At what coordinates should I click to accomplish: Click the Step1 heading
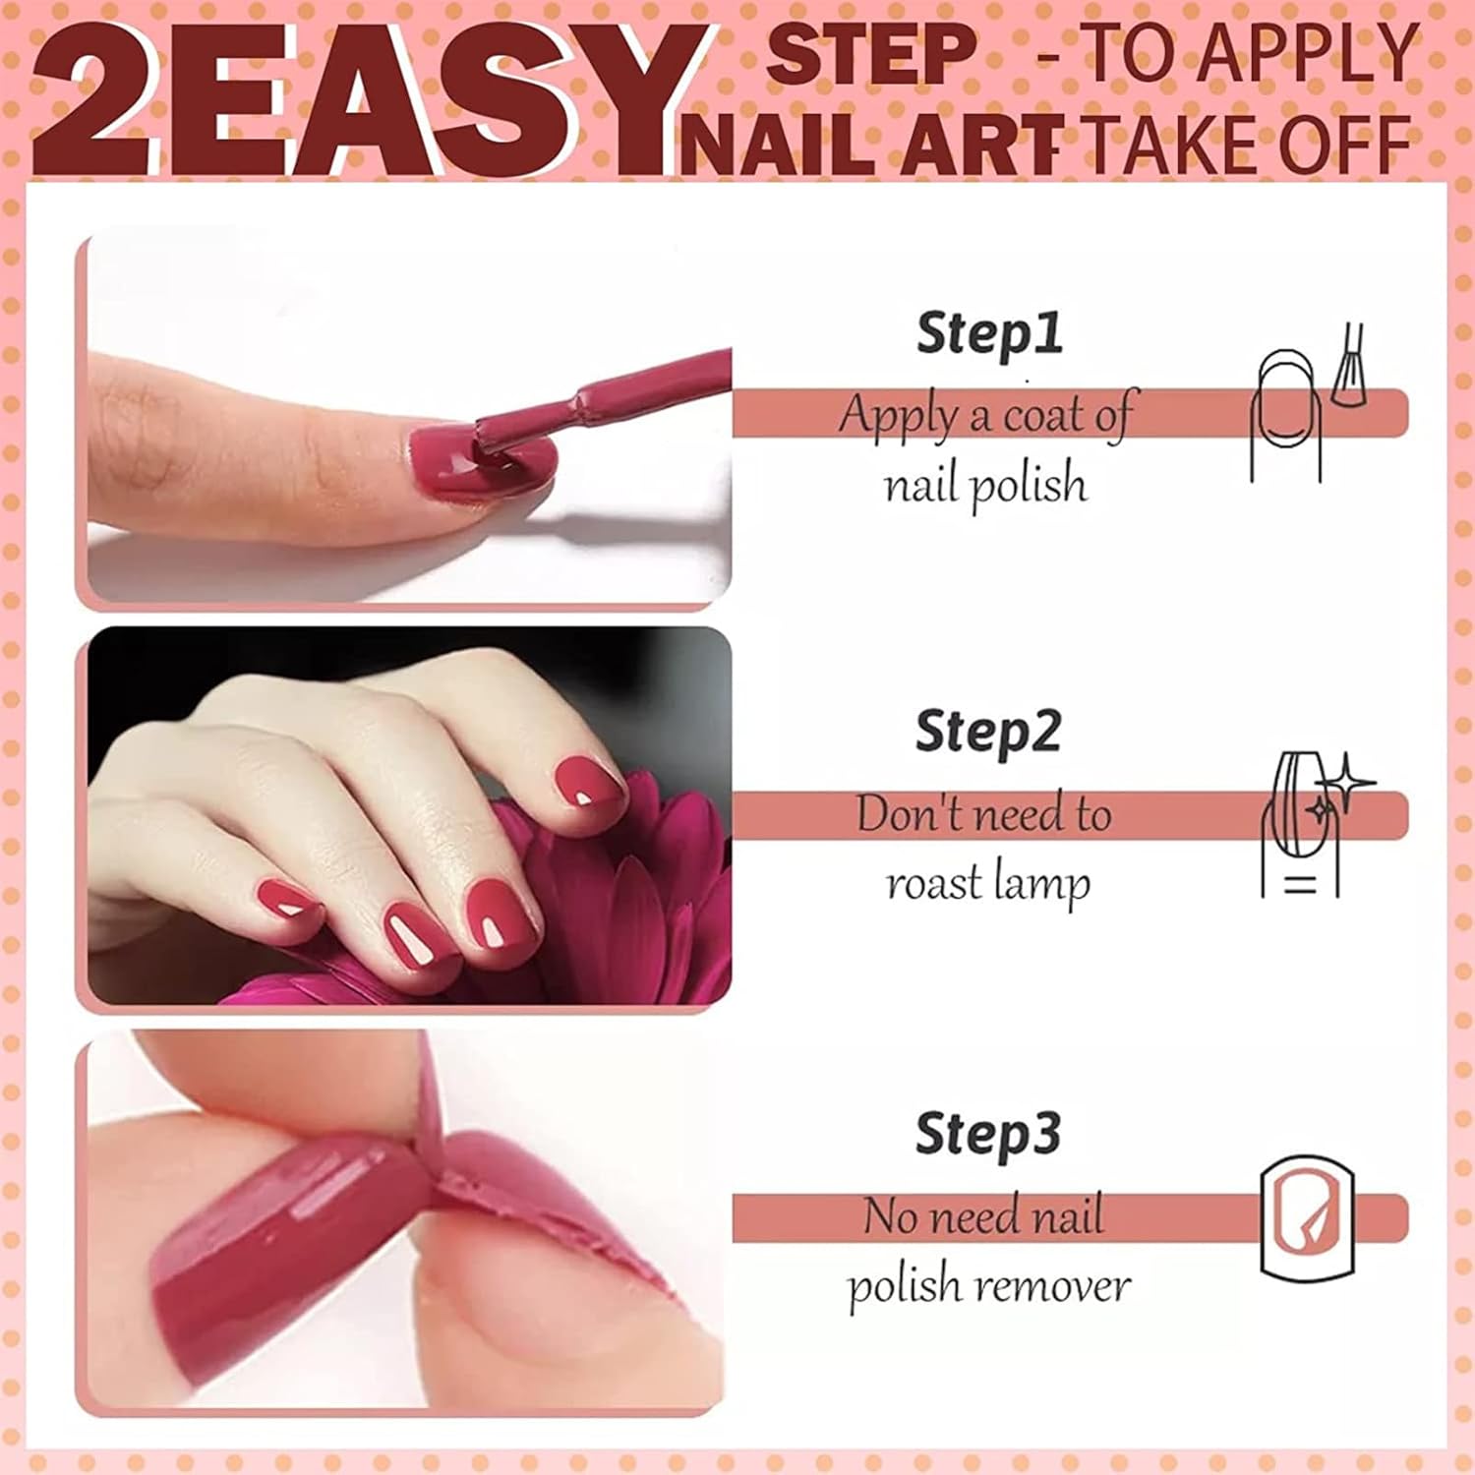[x=989, y=332]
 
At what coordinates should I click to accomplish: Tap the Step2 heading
[x=988, y=733]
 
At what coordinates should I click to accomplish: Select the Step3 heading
[x=988, y=1133]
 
